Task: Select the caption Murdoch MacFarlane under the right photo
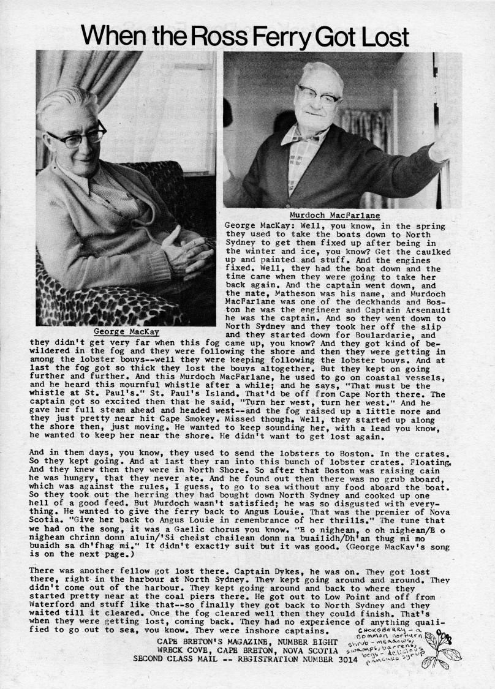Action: point(334,216)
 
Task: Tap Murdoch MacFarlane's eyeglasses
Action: point(319,95)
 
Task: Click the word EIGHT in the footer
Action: point(323,641)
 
